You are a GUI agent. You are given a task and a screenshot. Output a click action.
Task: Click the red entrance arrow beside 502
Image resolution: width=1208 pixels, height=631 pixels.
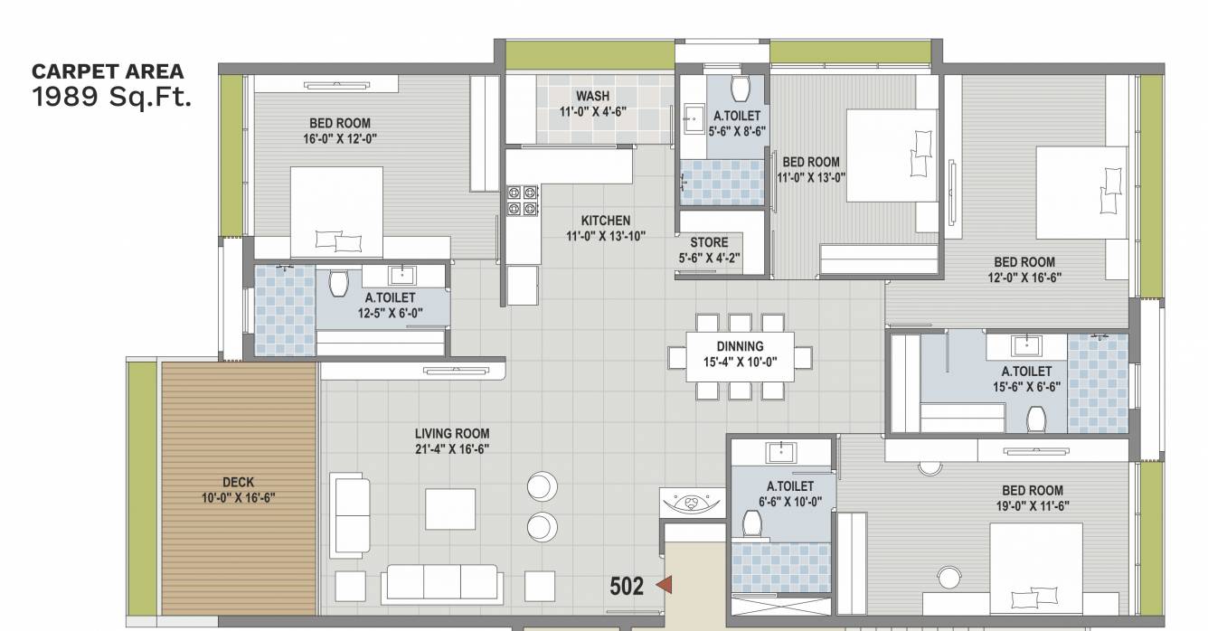click(x=665, y=586)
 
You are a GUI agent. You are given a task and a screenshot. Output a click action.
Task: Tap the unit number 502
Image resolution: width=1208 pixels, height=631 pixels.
click(x=627, y=586)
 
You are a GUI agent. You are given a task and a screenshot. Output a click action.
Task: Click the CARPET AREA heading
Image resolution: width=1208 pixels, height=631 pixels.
click(x=108, y=71)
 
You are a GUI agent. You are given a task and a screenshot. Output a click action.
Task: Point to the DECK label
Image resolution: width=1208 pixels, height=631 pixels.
click(x=239, y=482)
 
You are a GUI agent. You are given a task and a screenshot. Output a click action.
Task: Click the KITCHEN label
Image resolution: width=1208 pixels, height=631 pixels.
click(x=606, y=221)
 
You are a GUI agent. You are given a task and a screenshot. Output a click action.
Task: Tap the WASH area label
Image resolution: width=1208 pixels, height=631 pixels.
click(x=592, y=97)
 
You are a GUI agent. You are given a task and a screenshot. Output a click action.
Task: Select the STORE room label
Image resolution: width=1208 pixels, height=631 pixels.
click(x=709, y=242)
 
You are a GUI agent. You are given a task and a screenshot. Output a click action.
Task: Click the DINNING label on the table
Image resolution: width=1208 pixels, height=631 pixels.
click(x=740, y=346)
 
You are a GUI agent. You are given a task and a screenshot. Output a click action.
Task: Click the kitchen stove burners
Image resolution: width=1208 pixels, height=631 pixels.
click(x=522, y=201)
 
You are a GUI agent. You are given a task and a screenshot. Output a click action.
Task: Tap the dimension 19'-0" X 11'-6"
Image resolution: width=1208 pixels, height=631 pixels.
click(x=1032, y=506)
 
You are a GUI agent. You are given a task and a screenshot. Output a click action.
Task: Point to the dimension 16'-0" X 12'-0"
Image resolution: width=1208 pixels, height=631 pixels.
click(x=340, y=138)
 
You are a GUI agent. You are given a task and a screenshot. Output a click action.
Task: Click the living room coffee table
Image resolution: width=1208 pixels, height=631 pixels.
click(x=450, y=509)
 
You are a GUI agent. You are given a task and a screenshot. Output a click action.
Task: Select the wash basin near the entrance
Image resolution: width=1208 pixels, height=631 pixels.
click(x=692, y=502)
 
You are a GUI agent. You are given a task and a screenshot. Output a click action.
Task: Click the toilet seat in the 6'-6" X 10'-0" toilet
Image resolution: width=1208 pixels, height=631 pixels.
click(x=751, y=523)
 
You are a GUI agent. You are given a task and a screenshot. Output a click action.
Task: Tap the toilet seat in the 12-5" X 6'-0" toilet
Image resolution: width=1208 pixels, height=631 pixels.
click(x=339, y=284)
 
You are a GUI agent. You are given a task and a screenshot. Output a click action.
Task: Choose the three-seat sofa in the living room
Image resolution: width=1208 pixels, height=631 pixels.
click(x=440, y=584)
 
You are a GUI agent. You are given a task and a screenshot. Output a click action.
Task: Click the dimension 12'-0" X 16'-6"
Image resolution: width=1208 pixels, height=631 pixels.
click(x=1024, y=278)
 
